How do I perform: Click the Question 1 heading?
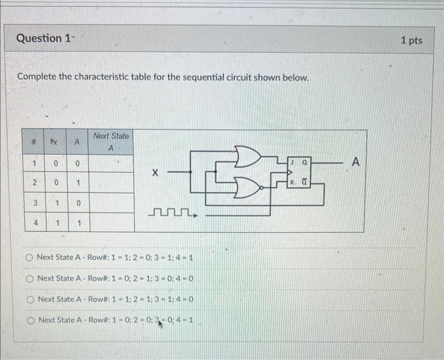click(43, 38)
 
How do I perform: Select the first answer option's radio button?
click(29, 257)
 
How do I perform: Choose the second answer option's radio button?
click(29, 278)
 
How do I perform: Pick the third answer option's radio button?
click(29, 299)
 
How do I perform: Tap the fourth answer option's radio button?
click(29, 319)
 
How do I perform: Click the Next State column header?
click(110, 142)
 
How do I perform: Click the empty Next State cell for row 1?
click(110, 163)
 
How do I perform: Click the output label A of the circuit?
click(355, 163)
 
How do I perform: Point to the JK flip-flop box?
click(300, 173)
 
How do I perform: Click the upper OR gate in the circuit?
click(247, 156)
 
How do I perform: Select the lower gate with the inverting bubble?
click(248, 186)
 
